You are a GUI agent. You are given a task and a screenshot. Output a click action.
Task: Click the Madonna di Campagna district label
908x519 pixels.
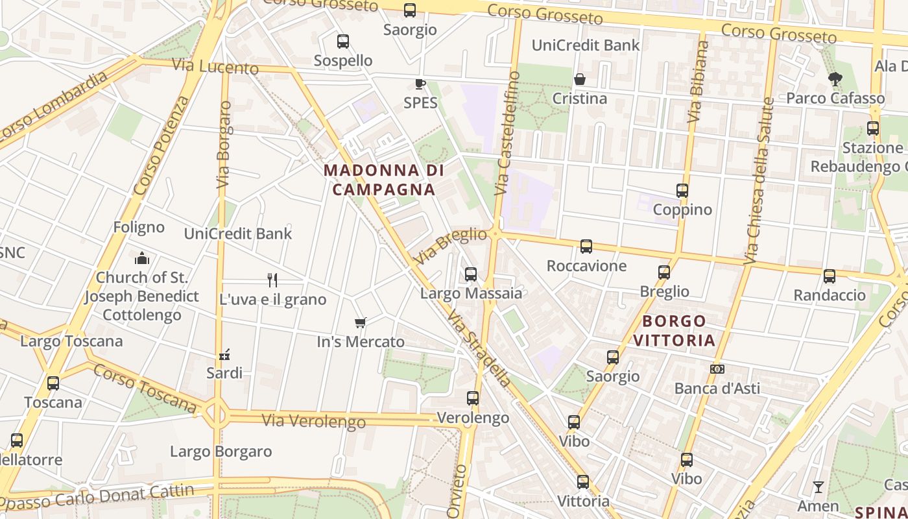point(383,180)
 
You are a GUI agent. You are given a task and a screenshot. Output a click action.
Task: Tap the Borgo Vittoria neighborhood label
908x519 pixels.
point(674,330)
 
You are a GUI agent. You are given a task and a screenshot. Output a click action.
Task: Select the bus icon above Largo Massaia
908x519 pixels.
point(471,274)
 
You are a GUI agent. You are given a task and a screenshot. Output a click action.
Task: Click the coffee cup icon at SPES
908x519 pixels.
point(420,84)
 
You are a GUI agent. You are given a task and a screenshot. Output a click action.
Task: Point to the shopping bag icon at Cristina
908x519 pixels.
point(580,79)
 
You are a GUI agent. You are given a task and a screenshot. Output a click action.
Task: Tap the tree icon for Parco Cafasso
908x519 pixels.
point(835,79)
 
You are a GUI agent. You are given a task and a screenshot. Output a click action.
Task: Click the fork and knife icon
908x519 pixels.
point(272,280)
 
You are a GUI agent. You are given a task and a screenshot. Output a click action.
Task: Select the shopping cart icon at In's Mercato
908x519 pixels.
point(361,322)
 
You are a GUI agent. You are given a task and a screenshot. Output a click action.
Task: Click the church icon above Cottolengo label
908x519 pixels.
point(142,258)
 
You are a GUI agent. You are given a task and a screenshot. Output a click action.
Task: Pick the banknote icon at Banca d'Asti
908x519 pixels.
point(717,368)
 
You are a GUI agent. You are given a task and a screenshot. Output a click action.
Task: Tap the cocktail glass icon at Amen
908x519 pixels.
point(818,487)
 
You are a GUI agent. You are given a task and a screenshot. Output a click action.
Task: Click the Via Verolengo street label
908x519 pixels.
point(314,421)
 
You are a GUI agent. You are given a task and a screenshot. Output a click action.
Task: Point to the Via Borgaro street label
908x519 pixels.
point(224,144)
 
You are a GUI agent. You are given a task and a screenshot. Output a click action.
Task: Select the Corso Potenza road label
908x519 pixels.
point(161,146)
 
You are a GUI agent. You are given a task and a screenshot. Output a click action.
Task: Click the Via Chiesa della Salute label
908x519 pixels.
point(759,181)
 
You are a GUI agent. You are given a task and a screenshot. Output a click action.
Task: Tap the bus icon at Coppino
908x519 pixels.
point(682,191)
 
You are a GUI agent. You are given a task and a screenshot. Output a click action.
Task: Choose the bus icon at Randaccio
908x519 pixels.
point(830,276)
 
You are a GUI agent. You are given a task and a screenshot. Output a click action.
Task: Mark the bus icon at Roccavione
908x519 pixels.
point(586,247)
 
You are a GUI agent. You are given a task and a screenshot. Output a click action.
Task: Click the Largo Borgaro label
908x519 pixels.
point(221,452)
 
